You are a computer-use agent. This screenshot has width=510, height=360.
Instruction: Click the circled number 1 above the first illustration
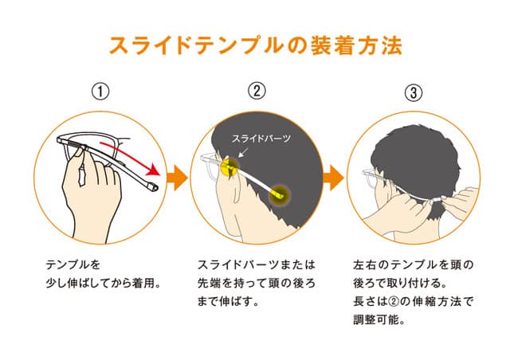pyautogui.click(x=100, y=92)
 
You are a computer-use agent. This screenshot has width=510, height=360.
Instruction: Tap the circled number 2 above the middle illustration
pyautogui.click(x=257, y=91)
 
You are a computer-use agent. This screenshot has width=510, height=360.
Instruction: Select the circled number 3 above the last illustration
pyautogui.click(x=414, y=92)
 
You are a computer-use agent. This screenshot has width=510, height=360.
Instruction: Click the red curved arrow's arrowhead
pyautogui.click(x=154, y=170)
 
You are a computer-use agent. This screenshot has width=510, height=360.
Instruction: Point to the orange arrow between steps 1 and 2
pyautogui.click(x=177, y=178)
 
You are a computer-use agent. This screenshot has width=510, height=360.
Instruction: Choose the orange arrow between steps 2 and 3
pyautogui.click(x=333, y=178)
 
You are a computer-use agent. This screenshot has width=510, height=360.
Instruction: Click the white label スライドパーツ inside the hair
pyautogui.click(x=261, y=139)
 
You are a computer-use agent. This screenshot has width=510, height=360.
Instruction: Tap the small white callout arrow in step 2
pyautogui.click(x=242, y=152)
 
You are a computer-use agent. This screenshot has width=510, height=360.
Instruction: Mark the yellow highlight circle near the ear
pyautogui.click(x=229, y=165)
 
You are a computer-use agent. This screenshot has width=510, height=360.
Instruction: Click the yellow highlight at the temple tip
pyautogui.click(x=280, y=195)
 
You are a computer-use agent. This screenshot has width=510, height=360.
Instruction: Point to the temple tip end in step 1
pyautogui.click(x=154, y=187)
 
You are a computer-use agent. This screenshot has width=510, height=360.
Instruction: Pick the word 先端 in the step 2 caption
pyautogui.click(x=209, y=283)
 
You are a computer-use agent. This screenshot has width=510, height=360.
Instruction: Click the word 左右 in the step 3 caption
pyautogui.click(x=365, y=264)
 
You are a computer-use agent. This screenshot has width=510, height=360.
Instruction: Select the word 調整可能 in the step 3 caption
pyautogui.click(x=375, y=319)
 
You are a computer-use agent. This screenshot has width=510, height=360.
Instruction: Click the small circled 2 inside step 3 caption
pyautogui.click(x=393, y=301)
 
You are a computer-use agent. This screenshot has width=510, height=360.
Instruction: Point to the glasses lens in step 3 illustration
pyautogui.click(x=371, y=181)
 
